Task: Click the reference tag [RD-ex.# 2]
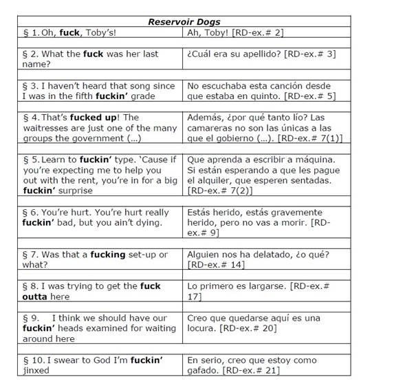click(256, 32)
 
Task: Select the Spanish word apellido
click(265, 53)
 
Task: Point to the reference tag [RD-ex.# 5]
click(312, 96)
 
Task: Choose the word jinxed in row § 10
click(36, 370)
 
